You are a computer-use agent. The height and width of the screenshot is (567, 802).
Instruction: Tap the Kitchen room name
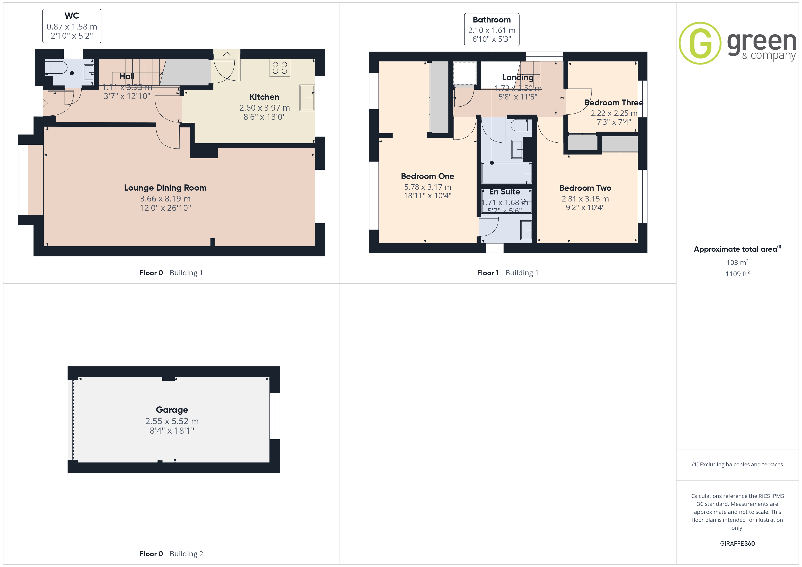point(264,97)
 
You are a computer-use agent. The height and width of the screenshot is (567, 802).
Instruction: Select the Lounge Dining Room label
point(165,188)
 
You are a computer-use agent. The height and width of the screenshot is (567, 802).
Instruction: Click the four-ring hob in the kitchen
point(280,68)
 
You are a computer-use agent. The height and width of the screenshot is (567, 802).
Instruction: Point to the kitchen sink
point(307,98)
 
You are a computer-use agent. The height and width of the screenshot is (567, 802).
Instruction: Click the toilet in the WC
point(56,68)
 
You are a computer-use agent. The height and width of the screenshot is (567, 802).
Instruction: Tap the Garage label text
point(172,410)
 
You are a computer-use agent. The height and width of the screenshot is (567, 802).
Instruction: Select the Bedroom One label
point(428,176)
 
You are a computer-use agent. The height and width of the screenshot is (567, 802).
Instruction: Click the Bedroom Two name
point(585,188)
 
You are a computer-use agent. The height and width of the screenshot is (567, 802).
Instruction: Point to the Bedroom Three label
point(614,103)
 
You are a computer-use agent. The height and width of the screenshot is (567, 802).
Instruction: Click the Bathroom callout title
point(492,20)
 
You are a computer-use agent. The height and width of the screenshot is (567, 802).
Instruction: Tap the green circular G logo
point(700,43)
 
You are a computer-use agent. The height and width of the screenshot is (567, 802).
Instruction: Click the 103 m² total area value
point(737,262)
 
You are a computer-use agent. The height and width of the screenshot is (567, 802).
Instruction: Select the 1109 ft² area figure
point(737,274)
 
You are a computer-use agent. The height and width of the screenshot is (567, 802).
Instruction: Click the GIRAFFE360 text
point(737,544)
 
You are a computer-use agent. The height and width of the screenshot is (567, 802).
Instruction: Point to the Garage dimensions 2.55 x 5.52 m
point(172,421)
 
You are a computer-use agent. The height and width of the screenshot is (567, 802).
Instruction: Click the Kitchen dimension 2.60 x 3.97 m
point(264,108)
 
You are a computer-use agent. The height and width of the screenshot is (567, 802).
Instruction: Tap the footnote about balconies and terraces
point(737,464)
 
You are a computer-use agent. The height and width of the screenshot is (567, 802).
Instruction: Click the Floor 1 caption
point(488,273)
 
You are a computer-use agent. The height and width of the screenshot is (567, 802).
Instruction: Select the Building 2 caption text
point(186,554)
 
